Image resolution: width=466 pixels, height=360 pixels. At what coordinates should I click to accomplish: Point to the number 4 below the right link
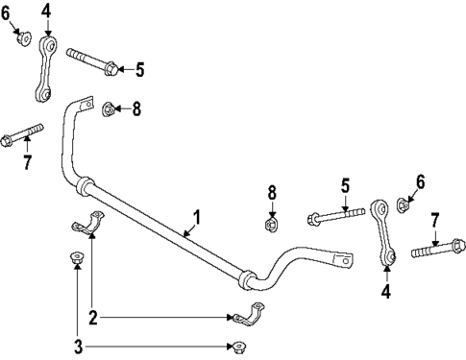[386, 290]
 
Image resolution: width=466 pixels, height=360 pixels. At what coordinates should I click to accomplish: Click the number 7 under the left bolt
[26, 162]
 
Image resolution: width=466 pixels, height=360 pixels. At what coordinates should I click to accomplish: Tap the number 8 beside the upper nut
[136, 109]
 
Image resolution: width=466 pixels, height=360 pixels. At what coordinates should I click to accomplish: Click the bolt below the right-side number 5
[335, 217]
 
